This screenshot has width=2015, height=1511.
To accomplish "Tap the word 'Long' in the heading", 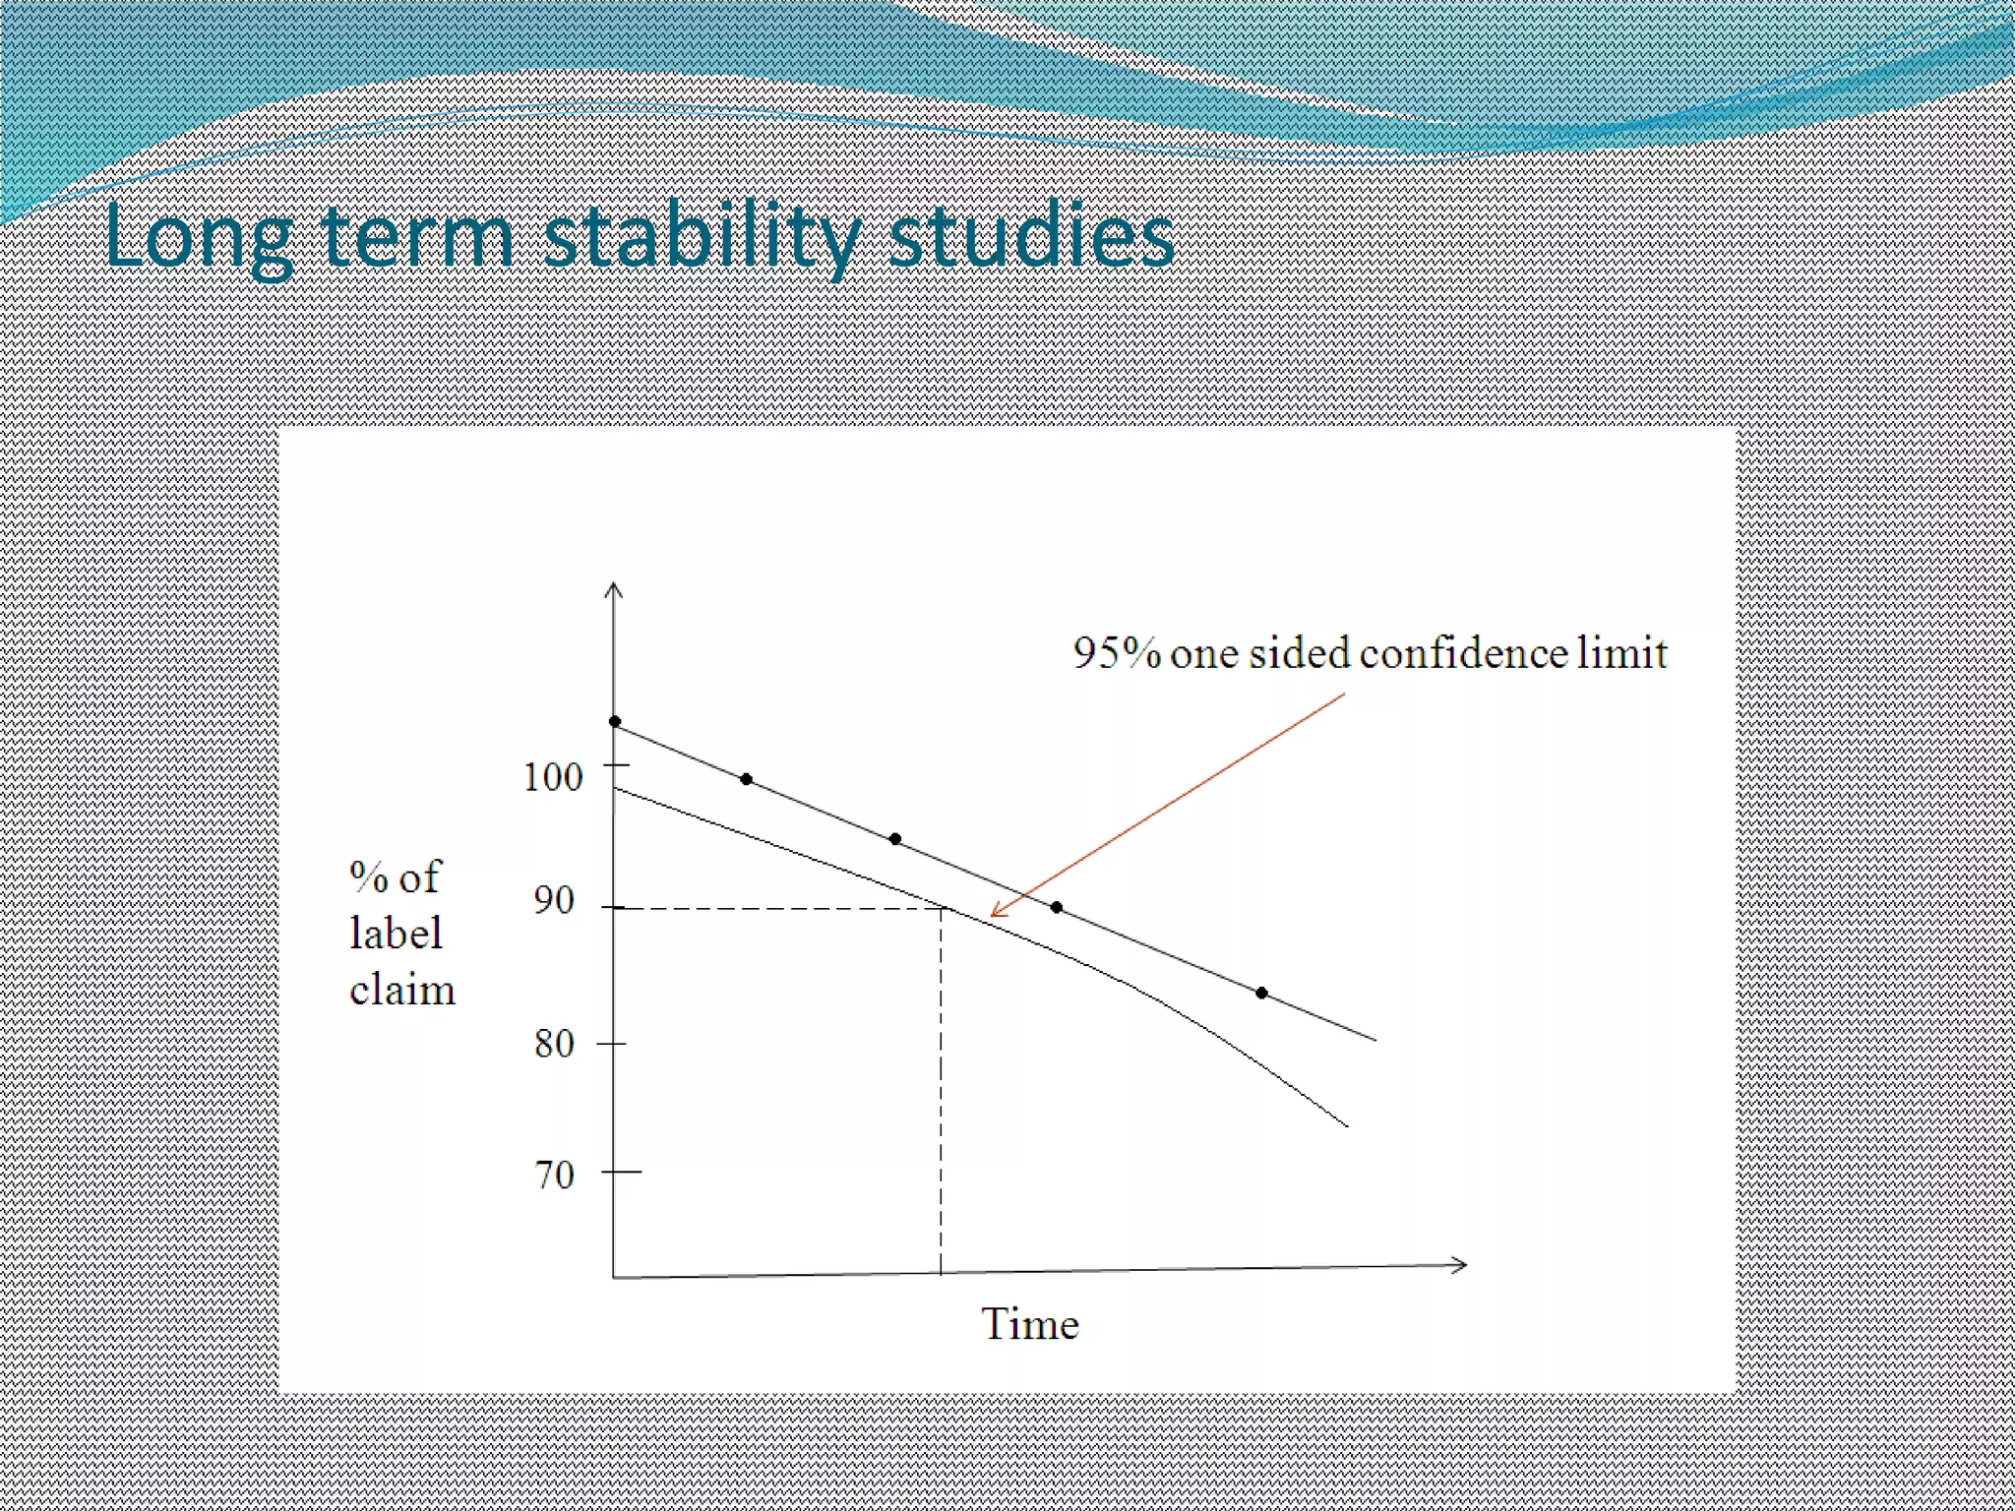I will coord(198,239).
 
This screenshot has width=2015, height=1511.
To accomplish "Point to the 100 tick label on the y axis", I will coord(552,777).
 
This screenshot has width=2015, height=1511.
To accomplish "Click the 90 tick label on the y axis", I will coord(554,900).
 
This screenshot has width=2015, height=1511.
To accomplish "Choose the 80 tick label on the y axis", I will coord(554,1043).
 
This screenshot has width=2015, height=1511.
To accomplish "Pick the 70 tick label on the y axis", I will coord(554,1175).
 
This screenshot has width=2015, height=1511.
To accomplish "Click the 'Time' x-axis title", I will coord(1029,1324).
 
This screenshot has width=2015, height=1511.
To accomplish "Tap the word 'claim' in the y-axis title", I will coord(401,990).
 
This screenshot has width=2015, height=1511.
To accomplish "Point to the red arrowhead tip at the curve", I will coord(992,916).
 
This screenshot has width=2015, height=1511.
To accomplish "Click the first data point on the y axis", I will coord(615,722).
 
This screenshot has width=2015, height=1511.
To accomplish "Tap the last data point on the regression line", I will coord(1261,993).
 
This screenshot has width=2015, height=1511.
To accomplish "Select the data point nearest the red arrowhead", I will coord(1056,907).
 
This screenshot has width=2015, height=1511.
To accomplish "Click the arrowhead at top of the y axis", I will coord(613,587).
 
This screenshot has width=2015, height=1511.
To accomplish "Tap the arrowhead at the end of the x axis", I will coord(1463,1265).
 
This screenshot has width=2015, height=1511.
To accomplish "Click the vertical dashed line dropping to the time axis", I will coord(941,1092).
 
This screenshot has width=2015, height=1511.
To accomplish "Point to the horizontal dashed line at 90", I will coord(777,908).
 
